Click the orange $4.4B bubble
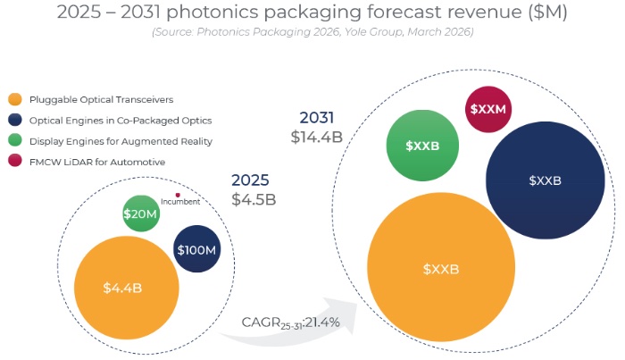121,287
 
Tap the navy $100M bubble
196,251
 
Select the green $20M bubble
140,213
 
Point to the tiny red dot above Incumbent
178,195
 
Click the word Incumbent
180,202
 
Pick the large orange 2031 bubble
440,268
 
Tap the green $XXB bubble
422,145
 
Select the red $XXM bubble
488,109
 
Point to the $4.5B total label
254,198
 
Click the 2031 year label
318,118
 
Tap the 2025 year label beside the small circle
251,180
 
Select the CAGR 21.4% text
290,322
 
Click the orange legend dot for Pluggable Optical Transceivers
13,99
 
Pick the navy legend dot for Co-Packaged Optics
13,120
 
